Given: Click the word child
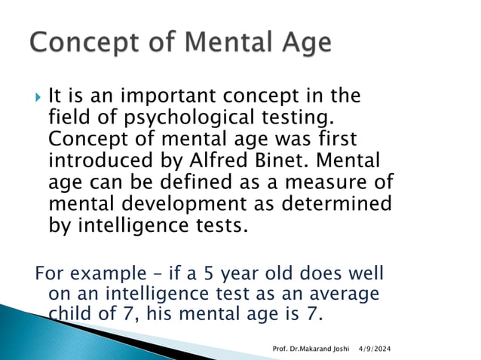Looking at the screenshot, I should pyautogui.click(x=72, y=313).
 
